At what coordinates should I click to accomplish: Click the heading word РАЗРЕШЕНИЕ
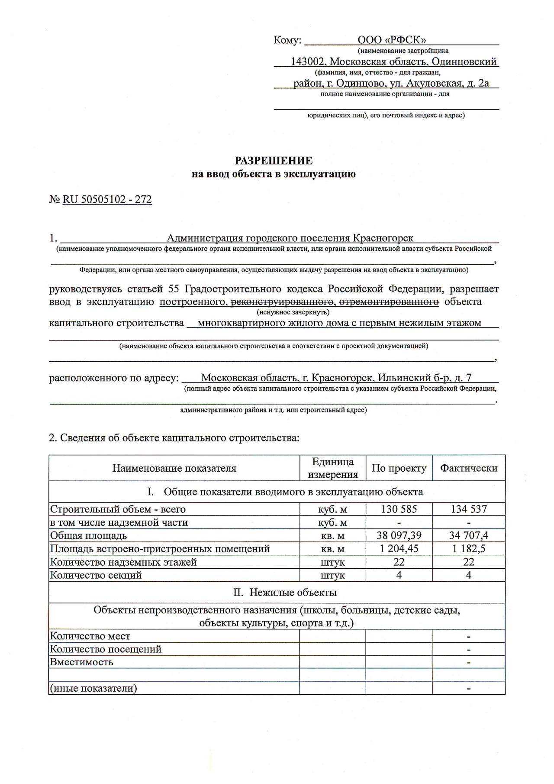[x=273, y=161]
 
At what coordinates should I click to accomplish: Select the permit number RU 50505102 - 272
[x=107, y=199]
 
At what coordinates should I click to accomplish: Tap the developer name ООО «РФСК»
[x=392, y=40]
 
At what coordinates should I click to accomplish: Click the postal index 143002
[x=307, y=62]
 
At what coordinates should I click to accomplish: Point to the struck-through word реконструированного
[x=282, y=301]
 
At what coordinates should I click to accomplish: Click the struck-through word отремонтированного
[x=389, y=301]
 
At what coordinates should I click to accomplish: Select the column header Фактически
[x=468, y=468]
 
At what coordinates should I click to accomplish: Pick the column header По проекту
[x=399, y=468]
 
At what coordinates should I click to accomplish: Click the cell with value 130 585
[x=399, y=509]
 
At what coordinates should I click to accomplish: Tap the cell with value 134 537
[x=468, y=509]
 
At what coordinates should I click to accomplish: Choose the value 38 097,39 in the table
[x=399, y=535]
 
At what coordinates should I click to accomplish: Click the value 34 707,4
[x=468, y=535]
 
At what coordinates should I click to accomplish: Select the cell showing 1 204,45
[x=399, y=548]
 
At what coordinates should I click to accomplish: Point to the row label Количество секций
[x=96, y=575]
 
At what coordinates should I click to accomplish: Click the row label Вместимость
[x=81, y=662]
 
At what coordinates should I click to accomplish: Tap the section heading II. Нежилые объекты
[x=285, y=592]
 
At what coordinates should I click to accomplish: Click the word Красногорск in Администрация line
[x=383, y=238]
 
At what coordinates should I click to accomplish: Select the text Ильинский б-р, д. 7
[x=424, y=378]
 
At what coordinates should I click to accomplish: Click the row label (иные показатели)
[x=93, y=688]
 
